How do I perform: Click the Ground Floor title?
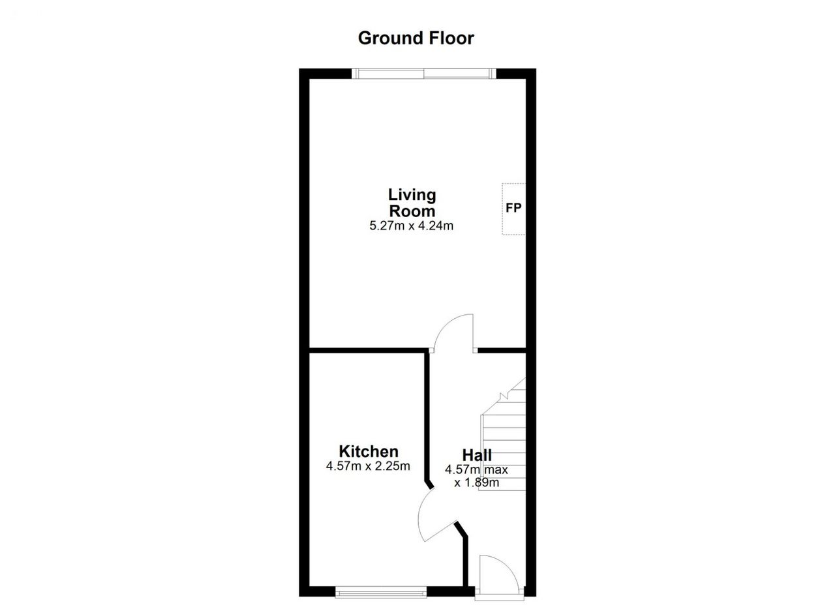[416, 38]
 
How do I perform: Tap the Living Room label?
[412, 203]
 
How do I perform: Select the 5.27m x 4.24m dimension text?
[411, 226]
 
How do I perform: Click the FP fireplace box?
[513, 209]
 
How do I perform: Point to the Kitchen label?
[369, 451]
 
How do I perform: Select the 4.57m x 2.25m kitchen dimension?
[368, 466]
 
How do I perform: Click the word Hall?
[477, 455]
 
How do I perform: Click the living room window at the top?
[424, 74]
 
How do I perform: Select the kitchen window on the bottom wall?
[381, 592]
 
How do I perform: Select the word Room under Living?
[412, 211]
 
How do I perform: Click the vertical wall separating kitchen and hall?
[427, 417]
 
